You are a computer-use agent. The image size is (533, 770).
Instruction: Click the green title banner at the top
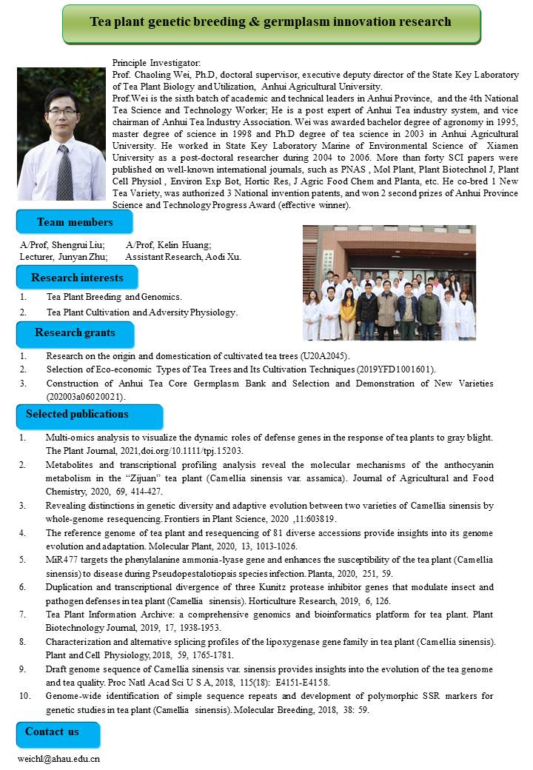click(x=271, y=23)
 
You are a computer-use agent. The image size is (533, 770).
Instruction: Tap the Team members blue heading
click(x=75, y=222)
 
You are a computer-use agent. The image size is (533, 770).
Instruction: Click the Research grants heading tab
click(x=74, y=333)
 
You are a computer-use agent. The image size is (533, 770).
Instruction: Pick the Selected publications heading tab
click(x=77, y=414)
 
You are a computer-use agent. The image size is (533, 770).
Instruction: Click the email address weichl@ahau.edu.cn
click(x=59, y=759)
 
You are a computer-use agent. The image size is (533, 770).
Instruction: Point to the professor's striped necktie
click(x=64, y=173)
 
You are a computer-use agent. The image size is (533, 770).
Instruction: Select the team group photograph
click(x=389, y=283)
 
